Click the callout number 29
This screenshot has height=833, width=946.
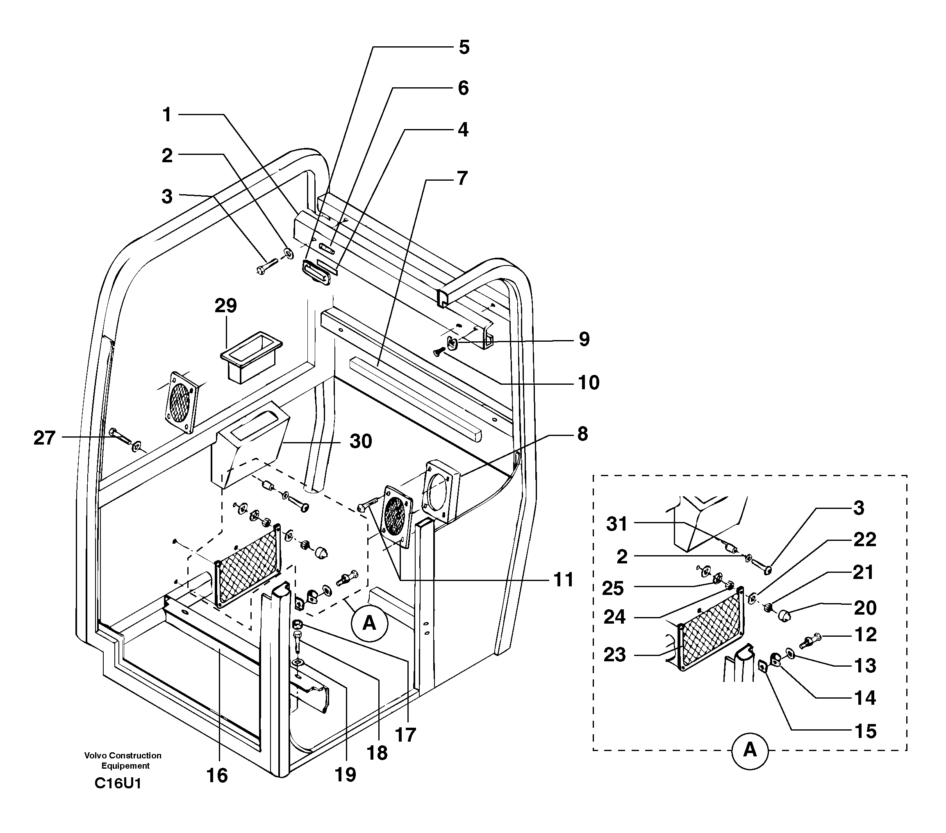pyautogui.click(x=225, y=306)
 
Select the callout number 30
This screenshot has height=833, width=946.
pyautogui.click(x=361, y=441)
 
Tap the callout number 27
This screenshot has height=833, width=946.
pyautogui.click(x=44, y=438)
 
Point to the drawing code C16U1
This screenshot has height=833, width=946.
pyautogui.click(x=118, y=783)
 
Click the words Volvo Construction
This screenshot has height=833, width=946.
pyautogui.click(x=123, y=756)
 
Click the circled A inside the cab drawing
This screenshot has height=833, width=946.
pyautogui.click(x=369, y=623)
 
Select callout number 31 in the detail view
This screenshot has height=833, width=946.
pyautogui.click(x=617, y=524)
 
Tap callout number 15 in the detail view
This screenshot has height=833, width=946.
pyautogui.click(x=864, y=731)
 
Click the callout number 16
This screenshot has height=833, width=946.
pyautogui.click(x=217, y=776)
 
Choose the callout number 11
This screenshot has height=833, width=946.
pyautogui.click(x=563, y=579)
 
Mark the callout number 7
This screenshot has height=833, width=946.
pyautogui.click(x=462, y=178)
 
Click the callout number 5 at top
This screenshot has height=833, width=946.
pyautogui.click(x=464, y=47)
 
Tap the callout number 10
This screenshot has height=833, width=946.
pyautogui.click(x=588, y=383)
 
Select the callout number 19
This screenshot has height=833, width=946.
pyautogui.click(x=345, y=775)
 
